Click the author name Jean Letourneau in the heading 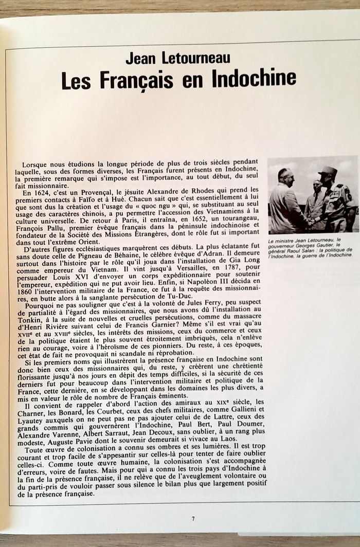click(177, 58)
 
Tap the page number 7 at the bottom click(193, 518)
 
